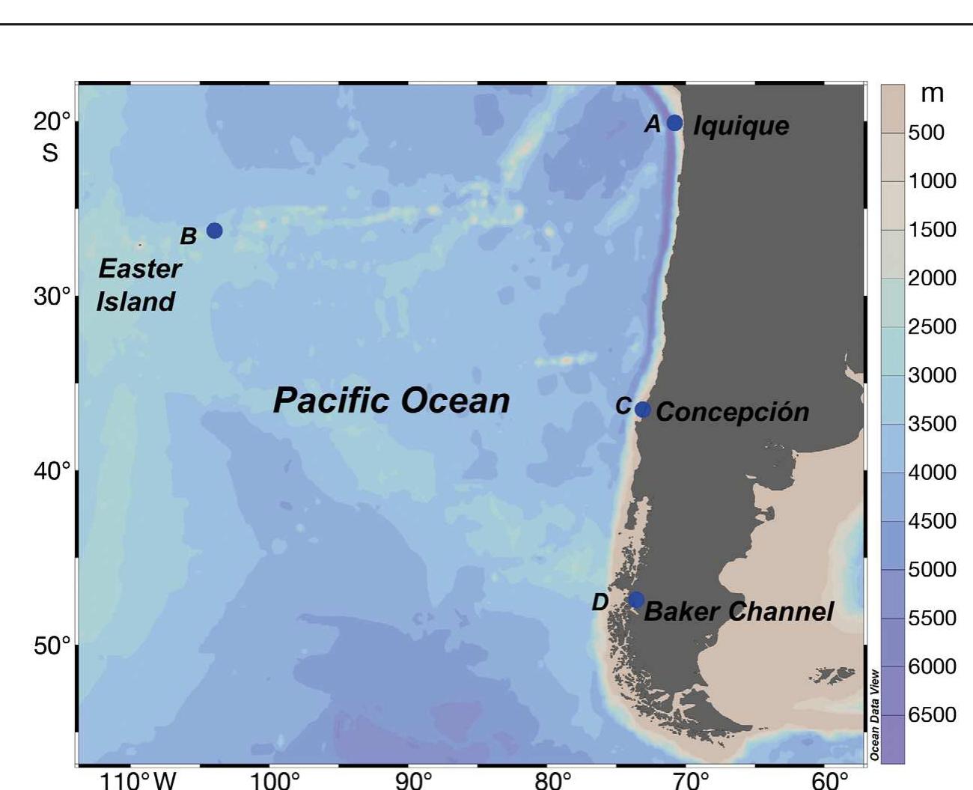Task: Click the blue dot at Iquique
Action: coord(674,123)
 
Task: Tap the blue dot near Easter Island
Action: coord(214,231)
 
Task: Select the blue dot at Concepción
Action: coord(642,410)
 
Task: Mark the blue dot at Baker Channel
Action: coord(635,600)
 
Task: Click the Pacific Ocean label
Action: coord(391,400)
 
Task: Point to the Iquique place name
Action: coord(740,125)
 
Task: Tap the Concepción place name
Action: coord(732,412)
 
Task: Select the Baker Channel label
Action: coord(738,611)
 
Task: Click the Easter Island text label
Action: coord(138,285)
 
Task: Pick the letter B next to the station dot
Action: coord(188,236)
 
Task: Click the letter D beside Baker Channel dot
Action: coord(600,602)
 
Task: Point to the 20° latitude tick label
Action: coord(52,121)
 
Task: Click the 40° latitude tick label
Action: coord(52,471)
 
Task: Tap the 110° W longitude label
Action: coord(138,780)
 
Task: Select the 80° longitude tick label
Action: coord(552,780)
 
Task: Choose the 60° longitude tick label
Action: coord(829,780)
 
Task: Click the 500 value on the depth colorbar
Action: coord(926,133)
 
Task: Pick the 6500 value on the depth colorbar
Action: coord(932,714)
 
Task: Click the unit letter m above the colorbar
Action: coord(931,94)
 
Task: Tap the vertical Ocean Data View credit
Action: coord(874,715)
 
